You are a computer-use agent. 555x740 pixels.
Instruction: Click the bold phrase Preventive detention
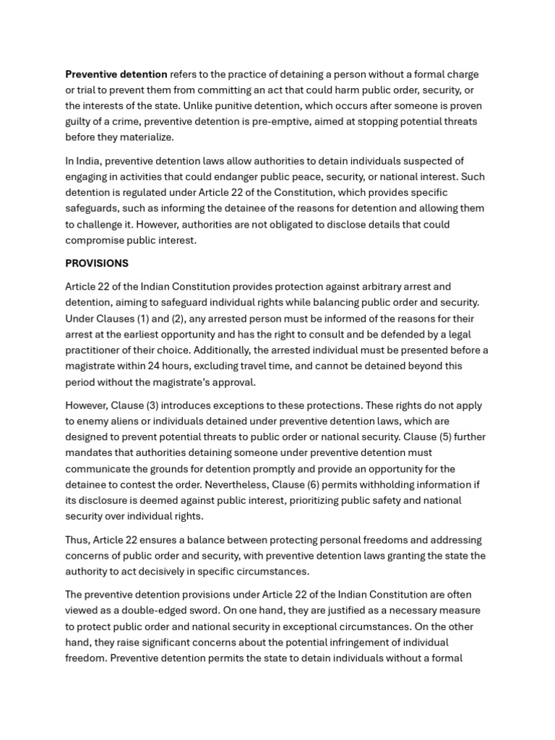click(116, 74)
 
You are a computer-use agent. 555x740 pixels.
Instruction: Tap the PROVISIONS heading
click(97, 263)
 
